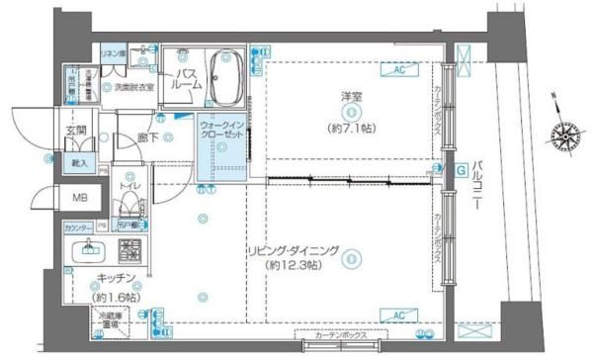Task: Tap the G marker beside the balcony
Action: click(461, 169)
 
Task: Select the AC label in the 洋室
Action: click(400, 70)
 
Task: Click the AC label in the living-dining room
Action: click(400, 315)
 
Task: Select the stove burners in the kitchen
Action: click(128, 247)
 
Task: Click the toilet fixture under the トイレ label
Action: click(127, 207)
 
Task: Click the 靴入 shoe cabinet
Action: click(78, 163)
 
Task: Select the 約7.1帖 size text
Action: click(350, 128)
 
